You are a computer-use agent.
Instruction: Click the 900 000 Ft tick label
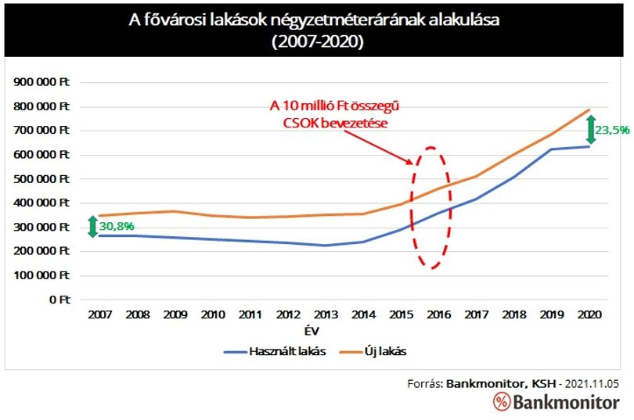pos(41,82)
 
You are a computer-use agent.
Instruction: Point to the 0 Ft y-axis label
pos(59,300)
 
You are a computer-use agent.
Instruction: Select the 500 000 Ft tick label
pos(41,179)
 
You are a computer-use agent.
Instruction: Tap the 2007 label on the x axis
pos(100,314)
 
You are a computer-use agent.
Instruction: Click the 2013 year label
pos(326,314)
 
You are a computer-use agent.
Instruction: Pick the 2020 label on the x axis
pos(589,314)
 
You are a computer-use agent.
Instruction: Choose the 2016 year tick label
pos(438,314)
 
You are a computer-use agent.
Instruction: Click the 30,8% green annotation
pos(117,226)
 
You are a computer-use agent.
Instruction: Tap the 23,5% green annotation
pos(612,130)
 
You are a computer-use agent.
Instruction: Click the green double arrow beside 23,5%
pos(591,130)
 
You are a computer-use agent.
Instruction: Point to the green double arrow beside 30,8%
pos(92,227)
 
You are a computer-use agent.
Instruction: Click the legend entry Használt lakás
pos(275,351)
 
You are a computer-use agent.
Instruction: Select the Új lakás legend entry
pos(373,351)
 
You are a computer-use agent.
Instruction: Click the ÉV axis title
pos(312,332)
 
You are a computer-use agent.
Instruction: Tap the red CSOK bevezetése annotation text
pos(335,123)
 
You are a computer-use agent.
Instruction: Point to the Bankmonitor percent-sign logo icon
pos(502,402)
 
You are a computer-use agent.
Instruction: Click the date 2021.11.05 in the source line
pos(592,384)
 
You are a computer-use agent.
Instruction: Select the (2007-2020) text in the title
pos(318,41)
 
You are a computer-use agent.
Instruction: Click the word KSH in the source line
pos(543,384)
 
